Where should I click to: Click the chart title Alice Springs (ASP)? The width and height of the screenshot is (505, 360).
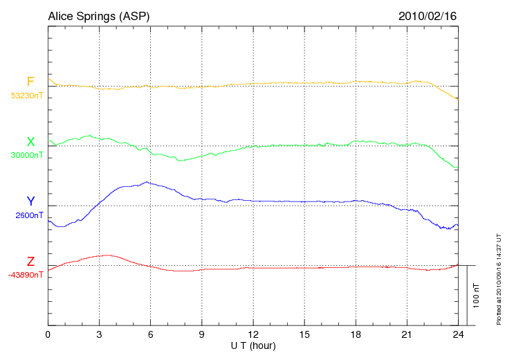[98, 16]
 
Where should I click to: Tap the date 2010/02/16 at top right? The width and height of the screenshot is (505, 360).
[427, 16]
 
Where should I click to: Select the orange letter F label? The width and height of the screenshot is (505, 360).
[30, 82]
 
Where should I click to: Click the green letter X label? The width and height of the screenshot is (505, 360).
[30, 142]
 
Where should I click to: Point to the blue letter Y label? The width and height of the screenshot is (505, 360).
[30, 201]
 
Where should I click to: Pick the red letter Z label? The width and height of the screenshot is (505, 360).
[30, 262]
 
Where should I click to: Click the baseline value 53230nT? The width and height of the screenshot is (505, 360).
[27, 96]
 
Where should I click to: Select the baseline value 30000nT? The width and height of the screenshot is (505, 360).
[27, 156]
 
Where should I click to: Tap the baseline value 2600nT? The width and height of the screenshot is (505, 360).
[29, 215]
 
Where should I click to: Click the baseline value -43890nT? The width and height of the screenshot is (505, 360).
[26, 275]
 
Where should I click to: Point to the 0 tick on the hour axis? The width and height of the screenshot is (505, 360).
[48, 334]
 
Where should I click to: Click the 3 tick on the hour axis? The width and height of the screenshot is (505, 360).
[99, 334]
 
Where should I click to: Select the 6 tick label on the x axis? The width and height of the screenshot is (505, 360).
[150, 334]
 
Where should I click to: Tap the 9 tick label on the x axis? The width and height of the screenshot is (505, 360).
[201, 334]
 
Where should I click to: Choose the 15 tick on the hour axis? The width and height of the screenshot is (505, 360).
[304, 334]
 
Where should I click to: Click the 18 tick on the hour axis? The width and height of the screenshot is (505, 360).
[355, 334]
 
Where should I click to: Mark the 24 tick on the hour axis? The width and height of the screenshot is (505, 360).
[457, 334]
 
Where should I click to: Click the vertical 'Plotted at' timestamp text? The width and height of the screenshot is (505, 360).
[498, 277]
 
